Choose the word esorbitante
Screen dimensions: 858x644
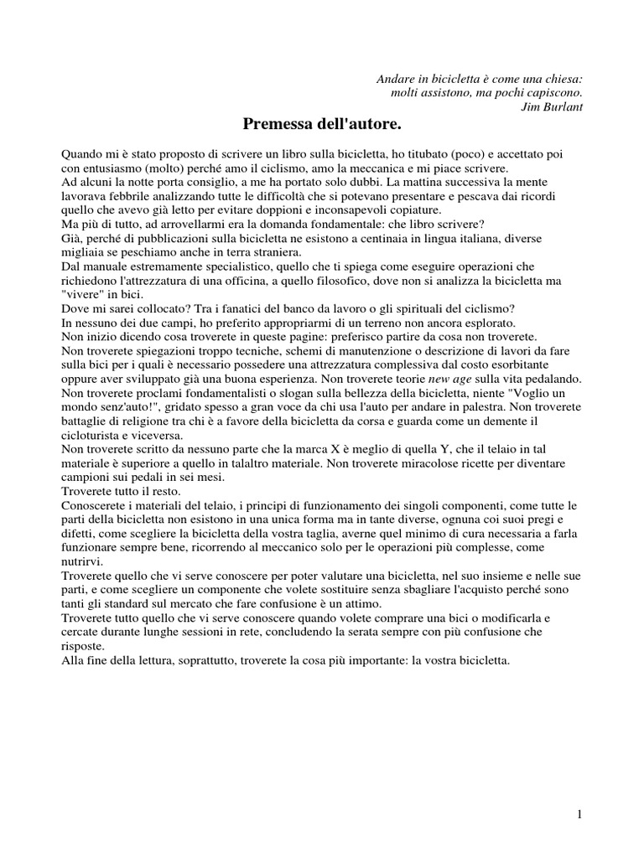click(542, 364)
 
